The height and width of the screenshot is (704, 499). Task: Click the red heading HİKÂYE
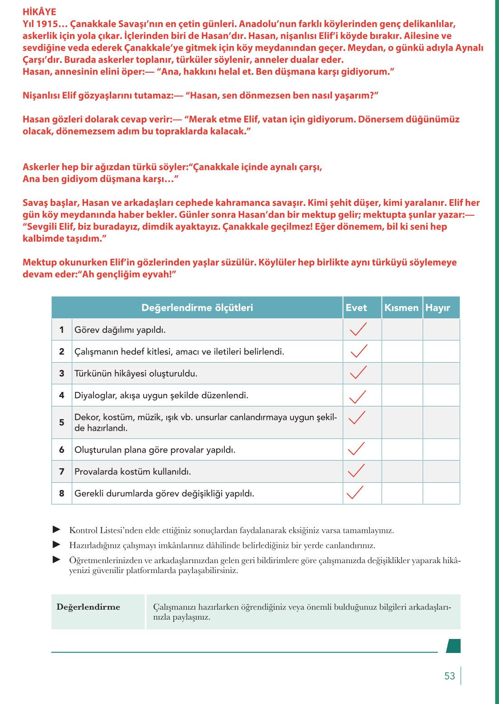[x=39, y=12]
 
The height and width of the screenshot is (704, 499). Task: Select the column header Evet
[x=356, y=308]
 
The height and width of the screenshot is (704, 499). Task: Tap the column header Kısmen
[x=401, y=308]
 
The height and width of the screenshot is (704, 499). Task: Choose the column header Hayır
[x=438, y=308]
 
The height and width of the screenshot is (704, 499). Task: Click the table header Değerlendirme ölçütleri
[x=197, y=308]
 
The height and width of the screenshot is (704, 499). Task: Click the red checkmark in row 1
[x=358, y=329]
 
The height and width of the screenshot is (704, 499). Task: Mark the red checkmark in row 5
[x=357, y=417]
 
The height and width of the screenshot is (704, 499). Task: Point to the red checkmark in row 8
[x=355, y=492]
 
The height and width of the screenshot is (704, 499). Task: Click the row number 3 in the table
[x=62, y=373]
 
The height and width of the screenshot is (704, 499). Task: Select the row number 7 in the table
[x=62, y=471]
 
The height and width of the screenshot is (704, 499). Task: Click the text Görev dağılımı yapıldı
[x=120, y=330]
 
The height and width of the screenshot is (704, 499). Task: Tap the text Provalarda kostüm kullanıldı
[x=133, y=471]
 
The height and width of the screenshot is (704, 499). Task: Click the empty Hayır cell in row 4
[x=441, y=395]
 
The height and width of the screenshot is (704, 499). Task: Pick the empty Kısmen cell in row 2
[x=402, y=351]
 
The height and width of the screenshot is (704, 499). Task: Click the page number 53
[x=449, y=676]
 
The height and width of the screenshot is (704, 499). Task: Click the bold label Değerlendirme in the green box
[x=89, y=607]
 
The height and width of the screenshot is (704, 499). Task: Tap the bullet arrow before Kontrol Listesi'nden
[x=56, y=529]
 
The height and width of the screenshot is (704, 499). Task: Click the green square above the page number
[x=453, y=646]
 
